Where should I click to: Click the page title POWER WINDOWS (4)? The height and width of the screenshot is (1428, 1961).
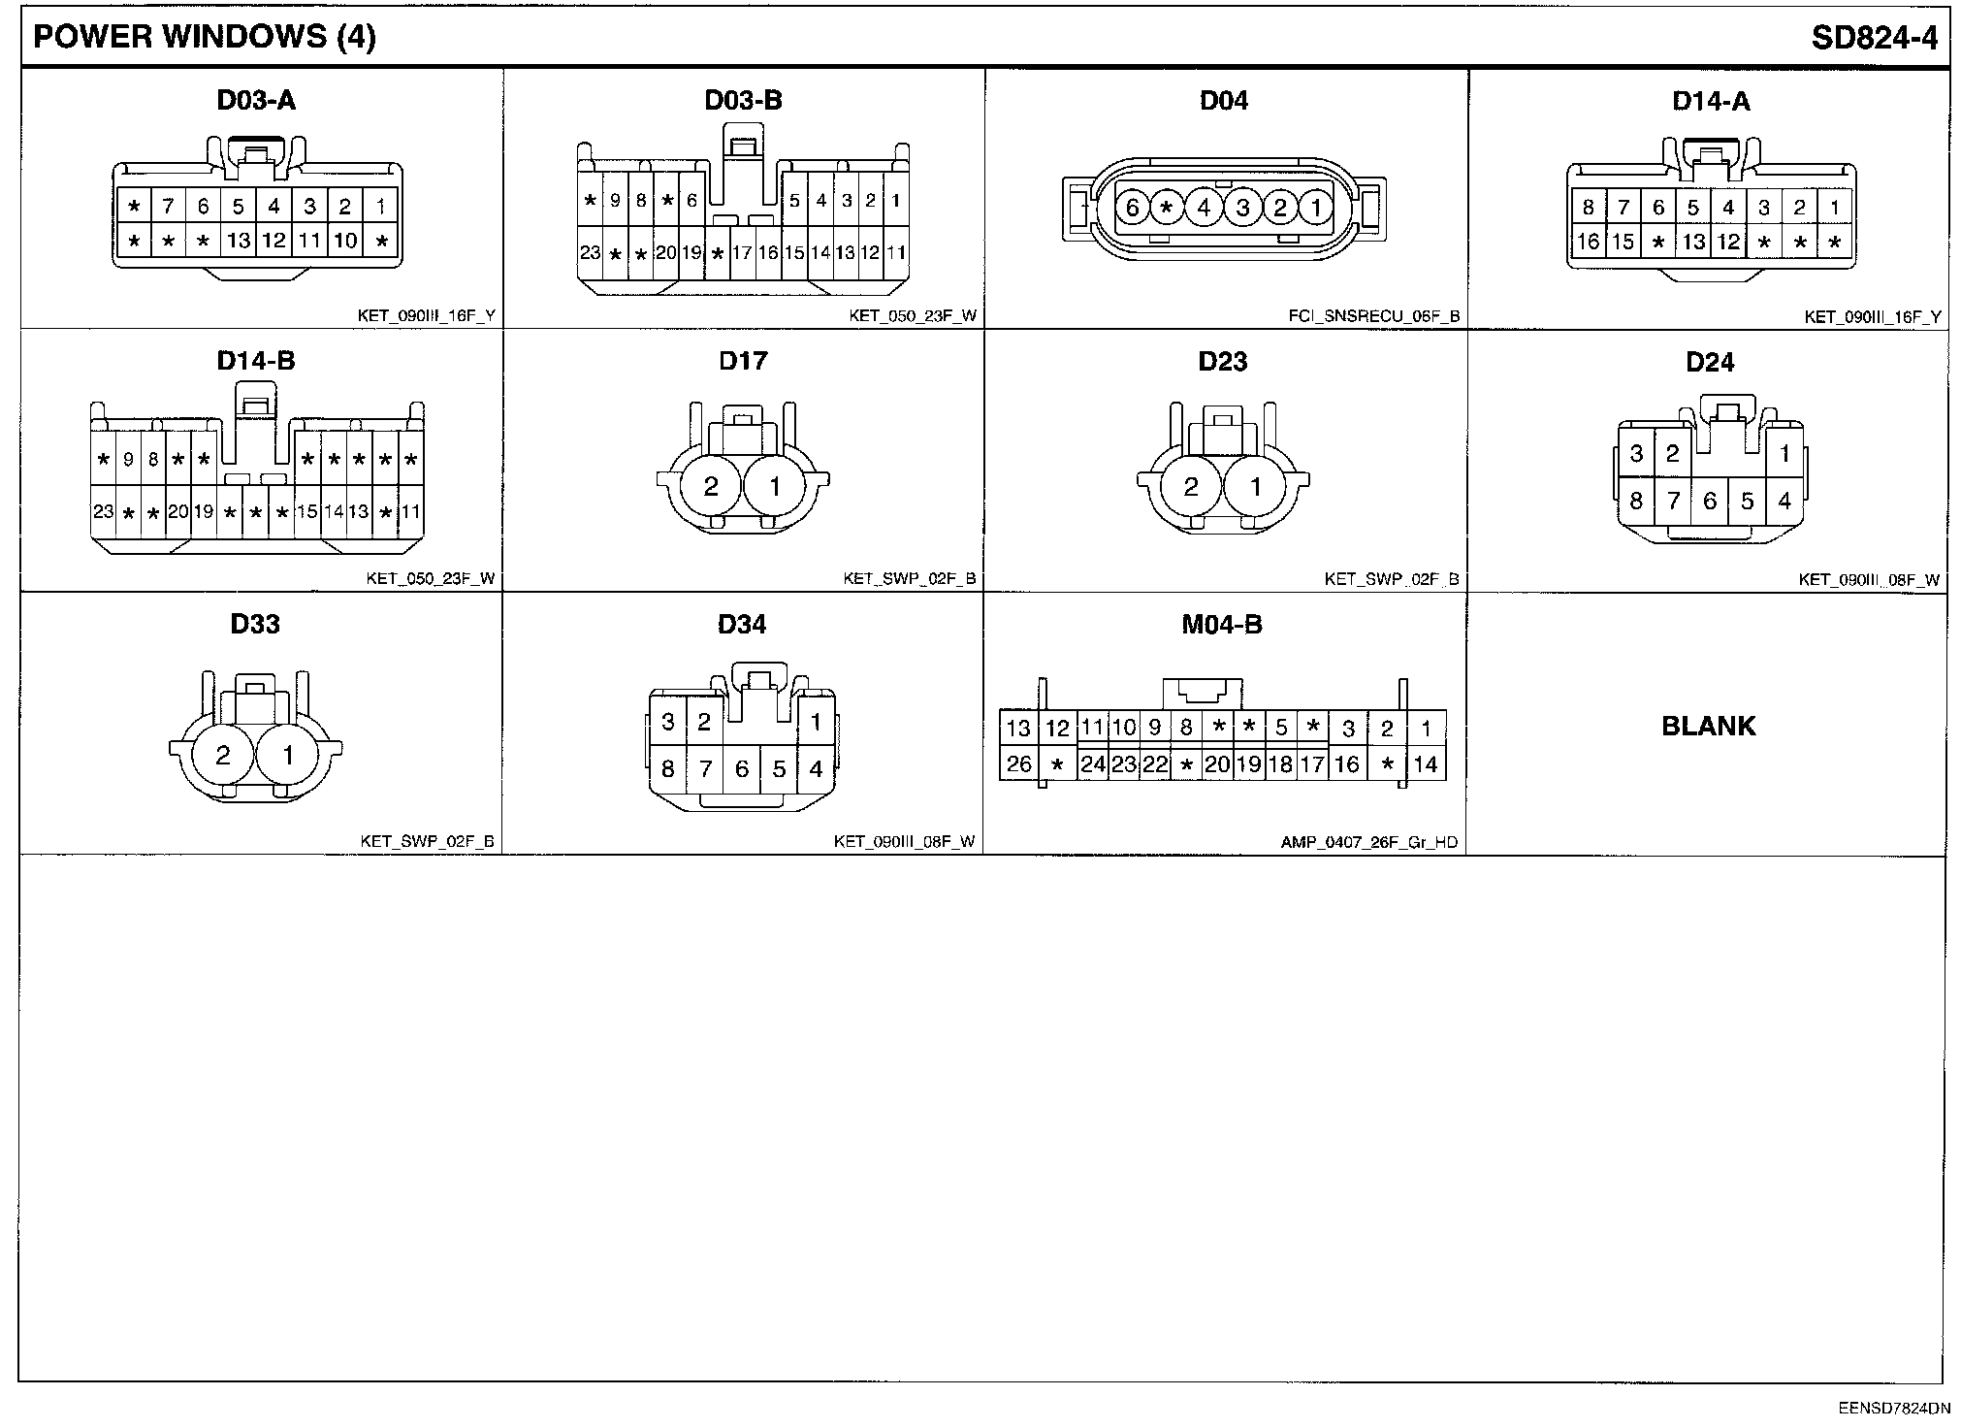205,37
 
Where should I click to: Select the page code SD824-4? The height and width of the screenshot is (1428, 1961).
1874,37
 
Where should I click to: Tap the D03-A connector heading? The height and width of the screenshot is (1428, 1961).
256,100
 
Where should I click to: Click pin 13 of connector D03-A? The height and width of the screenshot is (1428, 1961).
239,241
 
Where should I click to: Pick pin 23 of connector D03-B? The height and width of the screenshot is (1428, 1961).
590,253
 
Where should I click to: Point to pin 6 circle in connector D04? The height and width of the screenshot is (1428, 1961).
1132,208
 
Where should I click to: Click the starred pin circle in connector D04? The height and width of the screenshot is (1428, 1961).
1168,208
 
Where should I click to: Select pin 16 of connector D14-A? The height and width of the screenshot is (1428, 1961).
1588,242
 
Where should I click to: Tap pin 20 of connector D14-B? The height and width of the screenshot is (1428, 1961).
178,511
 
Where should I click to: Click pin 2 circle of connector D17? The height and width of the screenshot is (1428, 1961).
711,486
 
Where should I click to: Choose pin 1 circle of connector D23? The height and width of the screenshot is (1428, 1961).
1255,486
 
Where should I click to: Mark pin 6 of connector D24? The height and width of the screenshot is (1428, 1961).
1710,501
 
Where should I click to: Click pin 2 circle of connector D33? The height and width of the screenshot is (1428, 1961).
223,755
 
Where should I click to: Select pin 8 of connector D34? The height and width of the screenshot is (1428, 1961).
667,769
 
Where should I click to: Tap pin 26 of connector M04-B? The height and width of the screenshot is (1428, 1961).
1018,764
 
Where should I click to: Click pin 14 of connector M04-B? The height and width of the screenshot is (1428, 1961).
1425,764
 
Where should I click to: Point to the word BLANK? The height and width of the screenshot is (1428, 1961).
1708,726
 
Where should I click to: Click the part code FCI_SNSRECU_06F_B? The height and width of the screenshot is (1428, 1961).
1373,316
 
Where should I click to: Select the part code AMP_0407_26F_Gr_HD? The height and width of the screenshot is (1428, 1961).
1368,842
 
